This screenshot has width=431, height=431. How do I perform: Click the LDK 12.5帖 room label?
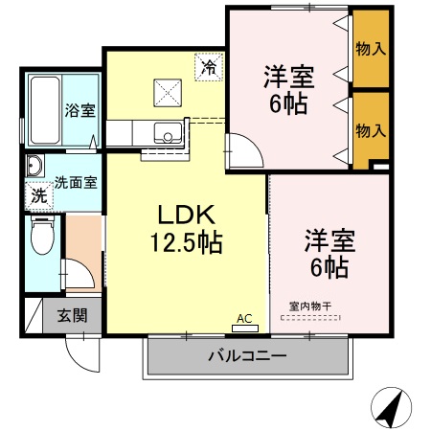tap(184, 228)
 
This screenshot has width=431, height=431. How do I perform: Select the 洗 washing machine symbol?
tap(38, 194)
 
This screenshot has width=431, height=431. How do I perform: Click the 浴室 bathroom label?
tap(79, 110)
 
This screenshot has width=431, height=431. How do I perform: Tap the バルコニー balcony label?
tap(246, 357)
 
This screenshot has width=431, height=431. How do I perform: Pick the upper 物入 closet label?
tap(370, 48)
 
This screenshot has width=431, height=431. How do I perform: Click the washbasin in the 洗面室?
tap(34, 165)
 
